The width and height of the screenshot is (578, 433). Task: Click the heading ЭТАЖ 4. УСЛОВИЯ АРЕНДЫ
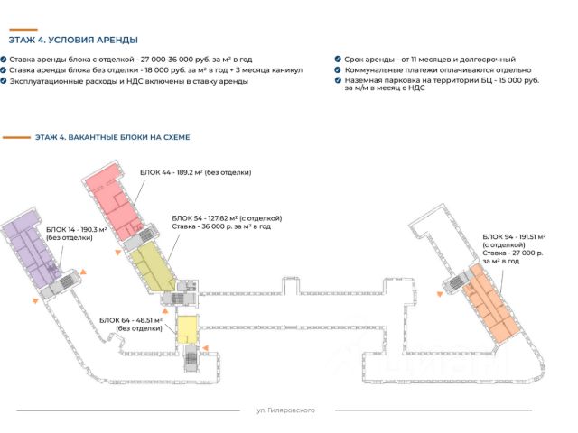[73, 40]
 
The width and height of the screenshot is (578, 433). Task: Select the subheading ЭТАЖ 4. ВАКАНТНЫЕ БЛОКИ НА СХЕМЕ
[112, 137]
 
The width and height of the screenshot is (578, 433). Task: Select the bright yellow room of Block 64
[187, 329]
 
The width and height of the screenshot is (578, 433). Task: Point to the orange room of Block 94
[491, 306]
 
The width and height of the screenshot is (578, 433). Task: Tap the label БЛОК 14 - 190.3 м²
[76, 230]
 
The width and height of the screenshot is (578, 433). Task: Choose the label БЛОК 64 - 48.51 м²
[131, 320]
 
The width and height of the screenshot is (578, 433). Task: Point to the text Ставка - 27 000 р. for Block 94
[513, 253]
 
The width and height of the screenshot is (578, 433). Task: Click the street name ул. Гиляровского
[285, 410]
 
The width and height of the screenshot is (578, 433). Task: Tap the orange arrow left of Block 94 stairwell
[440, 294]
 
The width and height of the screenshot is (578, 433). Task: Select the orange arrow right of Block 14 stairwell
[83, 272]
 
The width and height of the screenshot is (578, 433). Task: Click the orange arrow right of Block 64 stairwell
[205, 348]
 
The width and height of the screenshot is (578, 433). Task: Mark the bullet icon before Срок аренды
[338, 59]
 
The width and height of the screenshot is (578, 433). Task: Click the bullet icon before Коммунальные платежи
[338, 69]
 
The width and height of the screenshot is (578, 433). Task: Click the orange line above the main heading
[23, 30]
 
